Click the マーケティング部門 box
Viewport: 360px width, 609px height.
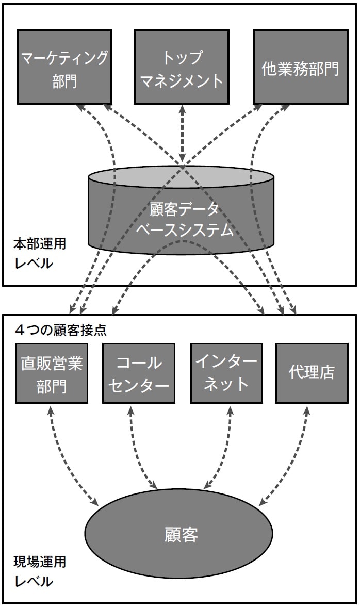tap(64, 66)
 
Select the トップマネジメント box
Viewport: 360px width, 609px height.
tap(182, 66)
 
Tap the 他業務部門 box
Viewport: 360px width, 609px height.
tap(300, 66)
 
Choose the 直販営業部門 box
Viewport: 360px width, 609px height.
tap(52, 372)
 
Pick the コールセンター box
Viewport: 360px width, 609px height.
tap(139, 372)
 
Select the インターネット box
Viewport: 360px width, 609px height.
tap(226, 372)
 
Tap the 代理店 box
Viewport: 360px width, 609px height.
tap(312, 372)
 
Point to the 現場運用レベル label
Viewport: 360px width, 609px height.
tap(40, 571)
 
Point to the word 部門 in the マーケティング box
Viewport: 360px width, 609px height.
tap(64, 81)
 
